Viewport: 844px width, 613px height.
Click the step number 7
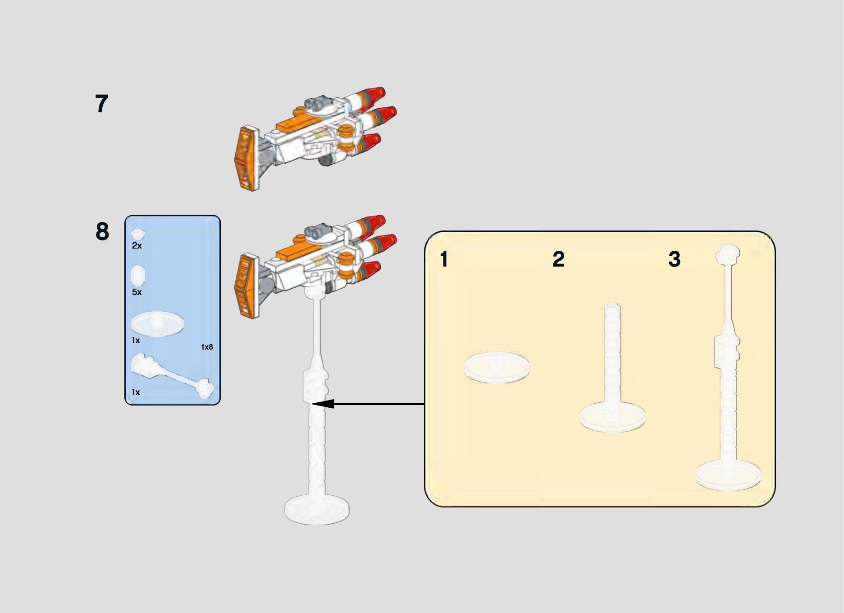[102, 104]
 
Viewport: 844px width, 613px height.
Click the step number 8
[102, 231]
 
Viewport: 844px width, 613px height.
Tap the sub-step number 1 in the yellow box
[444, 259]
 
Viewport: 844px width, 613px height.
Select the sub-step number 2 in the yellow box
[558, 259]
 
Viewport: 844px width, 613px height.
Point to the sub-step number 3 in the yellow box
[674, 259]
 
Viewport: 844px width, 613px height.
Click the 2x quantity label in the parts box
[137, 246]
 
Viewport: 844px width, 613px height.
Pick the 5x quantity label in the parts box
[137, 292]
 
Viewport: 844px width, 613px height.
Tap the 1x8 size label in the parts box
[207, 347]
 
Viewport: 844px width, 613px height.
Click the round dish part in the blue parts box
[157, 323]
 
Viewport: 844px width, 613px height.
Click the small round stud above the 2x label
[138, 234]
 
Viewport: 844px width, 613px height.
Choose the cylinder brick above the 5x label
[138, 275]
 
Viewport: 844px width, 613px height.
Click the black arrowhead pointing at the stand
[323, 404]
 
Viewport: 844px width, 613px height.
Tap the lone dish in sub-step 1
[497, 367]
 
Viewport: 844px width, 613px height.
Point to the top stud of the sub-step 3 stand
[728, 253]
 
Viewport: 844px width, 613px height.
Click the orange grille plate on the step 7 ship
[246, 158]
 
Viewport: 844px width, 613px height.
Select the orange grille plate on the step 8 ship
[246, 286]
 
